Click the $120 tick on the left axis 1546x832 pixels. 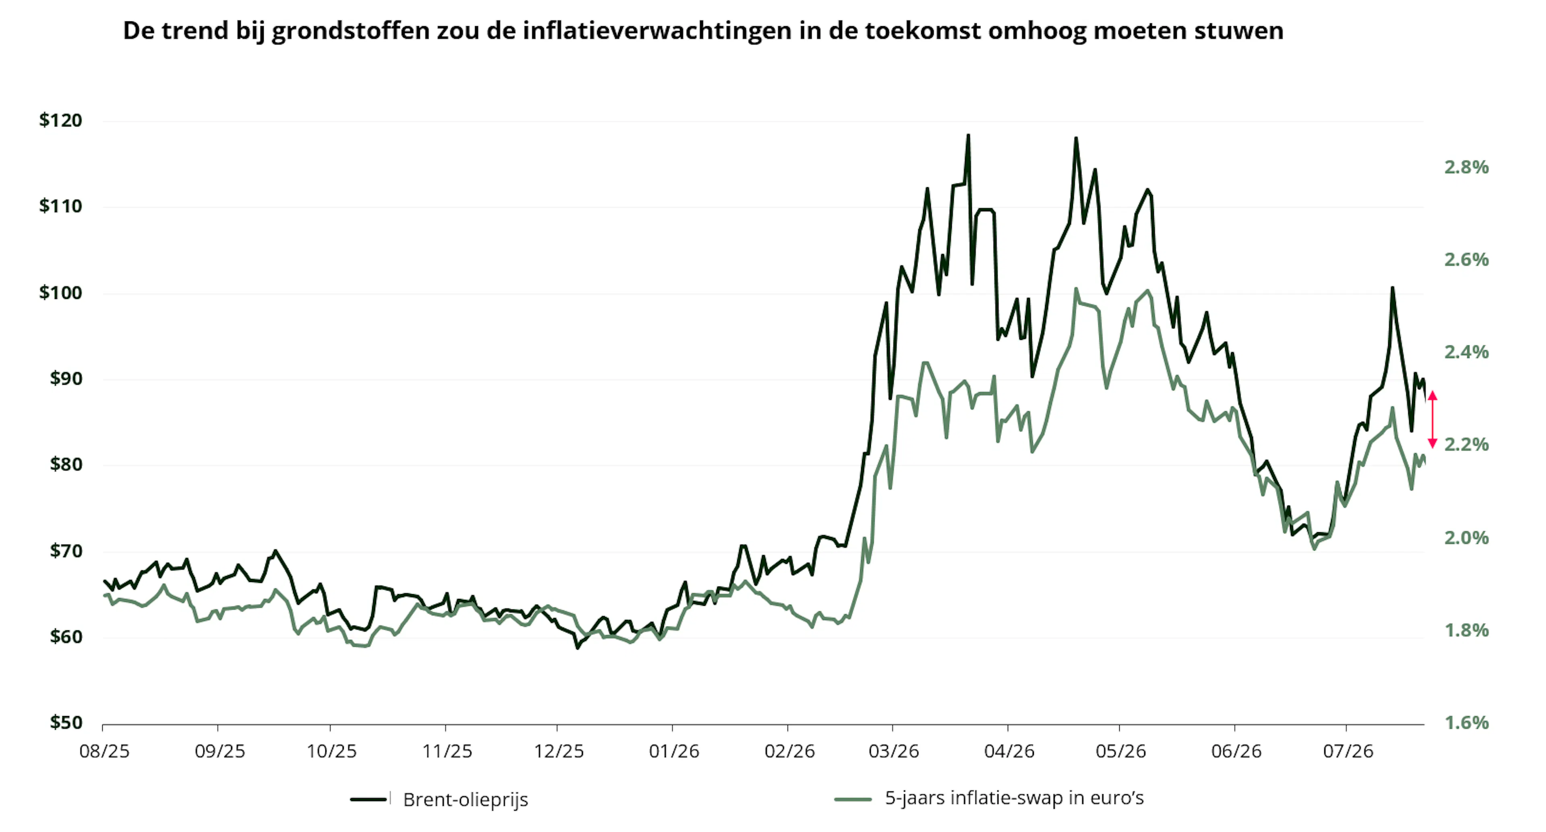click(x=61, y=121)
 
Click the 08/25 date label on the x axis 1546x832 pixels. click(x=104, y=751)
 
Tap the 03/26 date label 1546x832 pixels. click(x=894, y=751)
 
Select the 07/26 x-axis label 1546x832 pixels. click(x=1348, y=751)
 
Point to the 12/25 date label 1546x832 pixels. click(x=559, y=751)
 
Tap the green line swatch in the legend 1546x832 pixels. click(x=853, y=799)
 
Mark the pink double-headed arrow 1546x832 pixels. click(x=1432, y=419)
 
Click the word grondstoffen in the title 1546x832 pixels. click(x=351, y=31)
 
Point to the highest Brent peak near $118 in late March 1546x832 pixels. click(x=968, y=136)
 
